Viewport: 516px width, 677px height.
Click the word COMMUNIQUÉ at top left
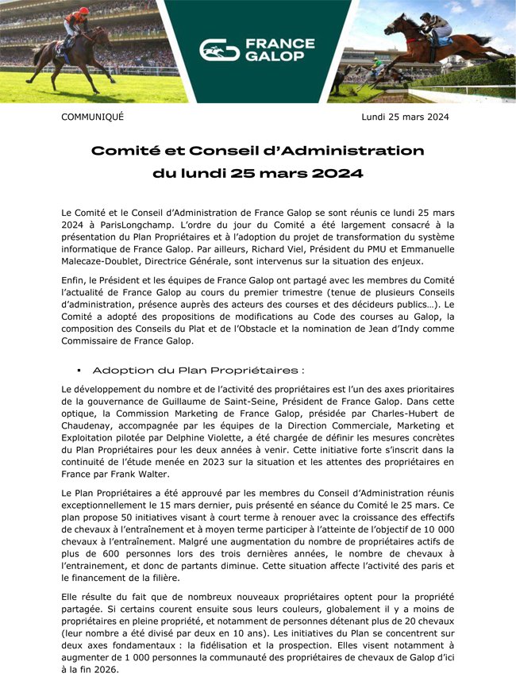[x=93, y=117]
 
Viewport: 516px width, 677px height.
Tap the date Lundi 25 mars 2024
[x=405, y=117]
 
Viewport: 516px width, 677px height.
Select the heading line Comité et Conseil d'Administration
[x=257, y=151]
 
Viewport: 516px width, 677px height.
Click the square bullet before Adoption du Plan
[x=79, y=371]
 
